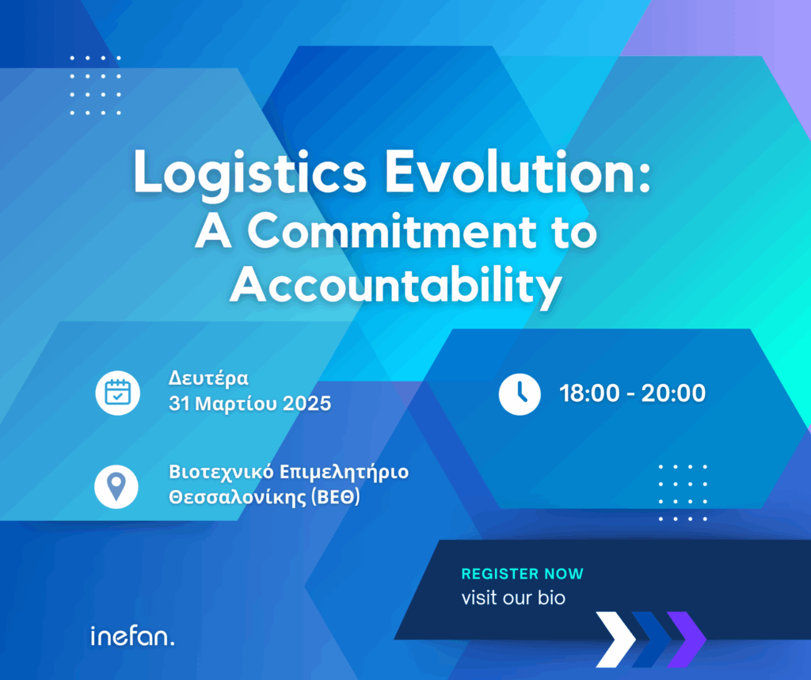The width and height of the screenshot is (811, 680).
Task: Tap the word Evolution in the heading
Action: click(x=517, y=172)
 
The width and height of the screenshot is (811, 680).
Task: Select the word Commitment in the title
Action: click(x=392, y=231)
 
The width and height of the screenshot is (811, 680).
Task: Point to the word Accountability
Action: click(x=396, y=287)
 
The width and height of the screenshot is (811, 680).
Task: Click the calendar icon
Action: click(x=117, y=393)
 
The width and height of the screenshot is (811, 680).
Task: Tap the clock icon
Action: click(x=520, y=394)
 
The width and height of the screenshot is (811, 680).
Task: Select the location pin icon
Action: click(x=116, y=487)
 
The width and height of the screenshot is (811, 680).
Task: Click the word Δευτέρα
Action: click(x=208, y=378)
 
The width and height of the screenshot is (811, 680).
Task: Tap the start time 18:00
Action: click(x=589, y=393)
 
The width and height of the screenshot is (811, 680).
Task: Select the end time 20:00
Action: click(x=673, y=393)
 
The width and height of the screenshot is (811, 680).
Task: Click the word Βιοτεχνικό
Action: click(x=222, y=472)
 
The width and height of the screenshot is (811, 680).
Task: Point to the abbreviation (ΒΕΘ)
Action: click(x=336, y=497)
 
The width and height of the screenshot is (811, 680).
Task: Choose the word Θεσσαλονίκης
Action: click(x=238, y=497)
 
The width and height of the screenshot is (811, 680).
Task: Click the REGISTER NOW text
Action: click(x=523, y=573)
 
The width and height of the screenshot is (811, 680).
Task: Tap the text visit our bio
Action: click(x=513, y=598)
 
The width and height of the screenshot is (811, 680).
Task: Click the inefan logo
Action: click(x=132, y=636)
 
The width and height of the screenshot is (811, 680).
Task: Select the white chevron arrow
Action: click(x=615, y=639)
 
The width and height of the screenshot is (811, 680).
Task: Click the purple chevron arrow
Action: click(x=687, y=639)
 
